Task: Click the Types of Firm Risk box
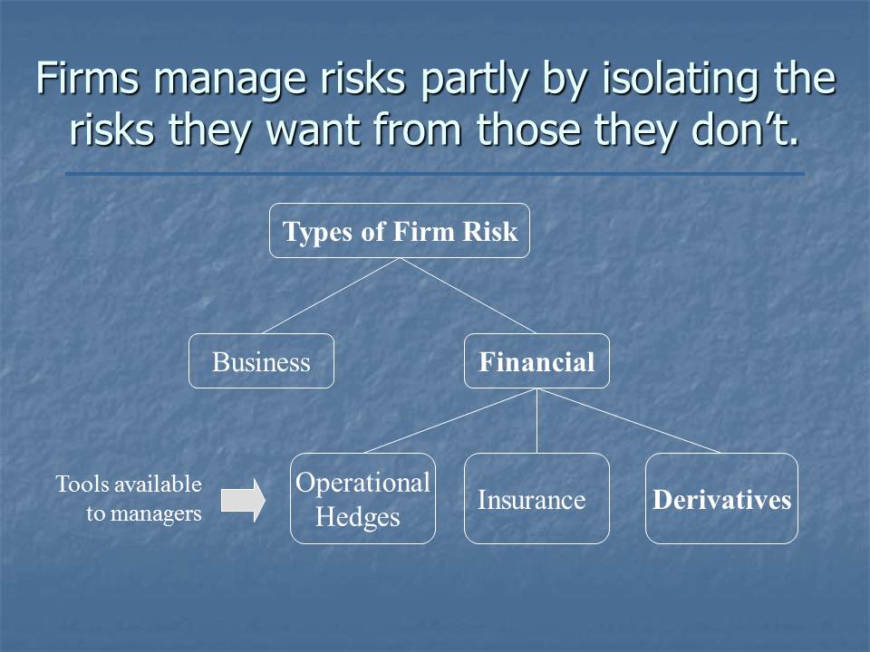click(x=400, y=232)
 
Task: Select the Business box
click(x=261, y=362)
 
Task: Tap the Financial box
click(x=536, y=362)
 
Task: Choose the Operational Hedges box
click(x=362, y=498)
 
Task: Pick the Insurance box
click(x=536, y=499)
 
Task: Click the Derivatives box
click(x=721, y=499)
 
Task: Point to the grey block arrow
click(x=243, y=500)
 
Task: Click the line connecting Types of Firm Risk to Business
click(x=331, y=295)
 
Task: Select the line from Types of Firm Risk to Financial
click(x=468, y=295)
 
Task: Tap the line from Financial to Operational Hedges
click(x=450, y=421)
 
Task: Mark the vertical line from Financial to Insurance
click(x=536, y=421)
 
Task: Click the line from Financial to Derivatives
click(x=629, y=421)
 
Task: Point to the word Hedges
click(x=357, y=518)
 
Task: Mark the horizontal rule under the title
click(x=435, y=174)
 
